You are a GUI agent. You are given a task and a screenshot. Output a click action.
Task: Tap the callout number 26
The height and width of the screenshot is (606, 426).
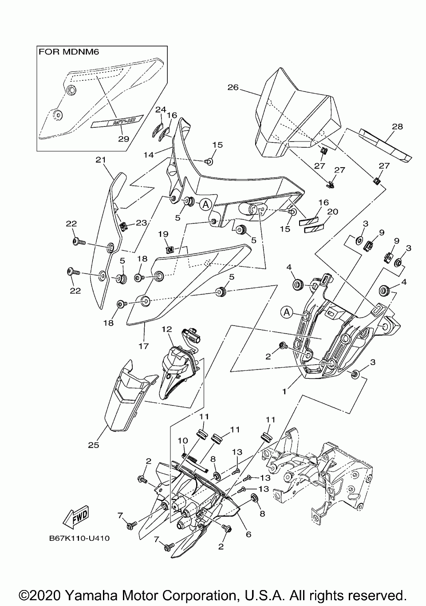tap(233, 87)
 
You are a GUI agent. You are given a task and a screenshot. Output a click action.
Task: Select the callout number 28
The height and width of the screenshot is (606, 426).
tap(397, 126)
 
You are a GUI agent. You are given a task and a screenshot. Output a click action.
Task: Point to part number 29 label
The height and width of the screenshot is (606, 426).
tap(123, 139)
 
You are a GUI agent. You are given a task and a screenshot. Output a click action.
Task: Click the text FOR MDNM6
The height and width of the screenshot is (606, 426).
tap(69, 51)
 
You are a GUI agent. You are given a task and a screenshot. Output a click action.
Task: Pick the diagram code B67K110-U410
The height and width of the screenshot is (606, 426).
tap(79, 538)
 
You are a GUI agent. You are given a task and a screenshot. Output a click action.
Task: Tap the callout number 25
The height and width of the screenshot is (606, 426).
tap(93, 445)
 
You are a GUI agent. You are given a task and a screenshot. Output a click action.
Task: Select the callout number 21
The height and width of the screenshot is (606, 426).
tap(99, 159)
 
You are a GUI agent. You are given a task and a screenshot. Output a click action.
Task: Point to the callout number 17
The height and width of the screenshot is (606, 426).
tap(143, 346)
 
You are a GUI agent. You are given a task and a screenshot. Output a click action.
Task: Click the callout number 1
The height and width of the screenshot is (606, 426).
tap(284, 392)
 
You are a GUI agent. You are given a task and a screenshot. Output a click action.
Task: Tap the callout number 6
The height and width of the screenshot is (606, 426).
tap(248, 534)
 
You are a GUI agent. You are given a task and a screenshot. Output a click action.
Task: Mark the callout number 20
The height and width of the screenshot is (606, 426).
tap(332, 212)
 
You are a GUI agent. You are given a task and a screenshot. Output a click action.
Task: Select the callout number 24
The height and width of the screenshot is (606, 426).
tap(160, 109)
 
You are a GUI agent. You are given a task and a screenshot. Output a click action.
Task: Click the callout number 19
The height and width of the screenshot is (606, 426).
tap(163, 234)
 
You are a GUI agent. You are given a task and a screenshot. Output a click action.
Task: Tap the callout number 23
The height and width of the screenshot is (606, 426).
tap(141, 223)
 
